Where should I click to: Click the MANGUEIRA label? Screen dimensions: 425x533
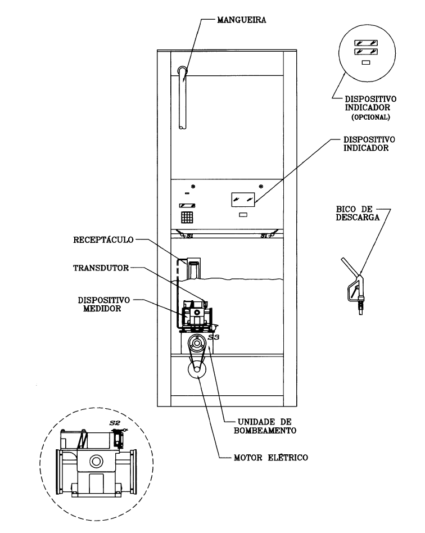click(242, 20)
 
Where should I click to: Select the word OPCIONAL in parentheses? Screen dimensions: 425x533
click(370, 118)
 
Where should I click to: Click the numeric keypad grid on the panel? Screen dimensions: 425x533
click(187, 218)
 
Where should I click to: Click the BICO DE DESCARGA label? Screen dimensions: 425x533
click(358, 213)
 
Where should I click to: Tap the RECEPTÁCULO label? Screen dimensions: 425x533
click(103, 240)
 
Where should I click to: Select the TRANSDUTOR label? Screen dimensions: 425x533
click(101, 268)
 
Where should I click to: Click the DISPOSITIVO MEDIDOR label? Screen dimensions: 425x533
click(103, 304)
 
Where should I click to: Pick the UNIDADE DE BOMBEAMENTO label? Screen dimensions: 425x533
click(265, 426)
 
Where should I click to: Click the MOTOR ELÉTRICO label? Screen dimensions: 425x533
click(270, 458)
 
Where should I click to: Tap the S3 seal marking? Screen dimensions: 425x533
click(214, 337)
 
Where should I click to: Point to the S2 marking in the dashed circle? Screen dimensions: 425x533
click(115, 423)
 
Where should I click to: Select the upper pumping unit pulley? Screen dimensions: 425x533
click(197, 344)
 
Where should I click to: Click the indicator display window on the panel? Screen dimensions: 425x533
click(243, 200)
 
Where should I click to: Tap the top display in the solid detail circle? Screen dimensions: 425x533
click(366, 43)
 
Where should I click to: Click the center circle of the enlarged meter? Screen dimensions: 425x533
click(96, 461)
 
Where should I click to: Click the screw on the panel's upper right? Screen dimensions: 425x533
click(261, 186)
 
